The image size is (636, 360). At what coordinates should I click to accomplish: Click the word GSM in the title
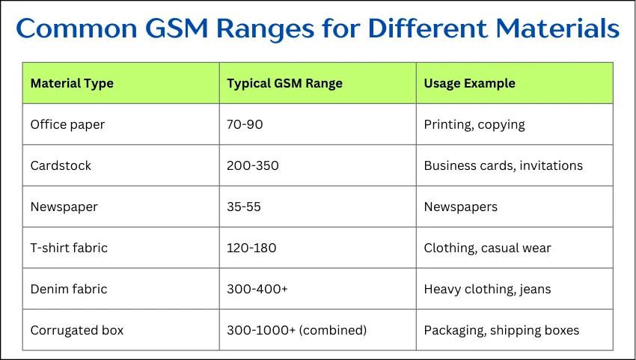(177, 28)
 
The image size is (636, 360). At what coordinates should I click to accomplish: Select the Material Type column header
(72, 84)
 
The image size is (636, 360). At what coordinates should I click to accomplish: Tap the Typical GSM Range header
(284, 83)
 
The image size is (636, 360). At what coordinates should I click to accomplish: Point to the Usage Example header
(469, 83)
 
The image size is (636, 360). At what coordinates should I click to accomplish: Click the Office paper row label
(67, 124)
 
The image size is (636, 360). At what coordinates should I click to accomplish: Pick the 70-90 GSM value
(245, 124)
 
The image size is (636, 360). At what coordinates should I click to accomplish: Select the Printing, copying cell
(474, 124)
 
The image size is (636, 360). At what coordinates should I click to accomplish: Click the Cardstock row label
(61, 165)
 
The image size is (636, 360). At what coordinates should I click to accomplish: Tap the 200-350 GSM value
(253, 165)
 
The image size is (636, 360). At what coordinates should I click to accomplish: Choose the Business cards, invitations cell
(503, 165)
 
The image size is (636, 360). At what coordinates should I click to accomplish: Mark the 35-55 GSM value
(244, 207)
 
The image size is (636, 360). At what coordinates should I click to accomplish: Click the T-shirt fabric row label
(69, 248)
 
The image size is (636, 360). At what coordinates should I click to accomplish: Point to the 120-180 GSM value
(251, 248)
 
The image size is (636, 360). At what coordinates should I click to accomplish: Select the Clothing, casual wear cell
(487, 248)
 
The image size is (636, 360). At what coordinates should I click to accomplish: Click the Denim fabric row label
(69, 289)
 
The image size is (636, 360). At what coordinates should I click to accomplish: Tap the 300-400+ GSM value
(257, 289)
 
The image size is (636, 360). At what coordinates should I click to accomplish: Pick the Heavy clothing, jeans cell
(487, 290)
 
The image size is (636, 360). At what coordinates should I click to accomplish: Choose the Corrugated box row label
(76, 330)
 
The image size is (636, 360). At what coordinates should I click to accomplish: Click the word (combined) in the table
(333, 330)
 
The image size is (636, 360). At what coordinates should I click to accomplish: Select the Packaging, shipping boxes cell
(501, 331)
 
